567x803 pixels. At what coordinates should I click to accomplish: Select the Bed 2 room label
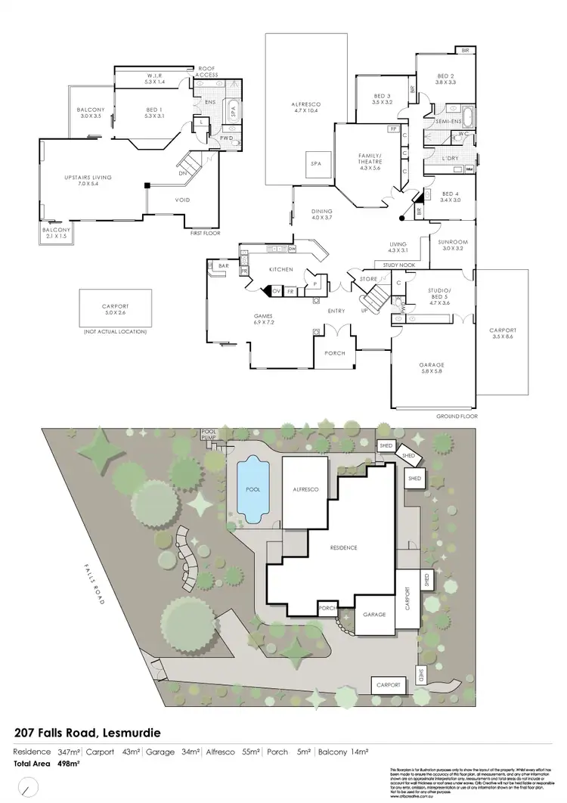(445, 79)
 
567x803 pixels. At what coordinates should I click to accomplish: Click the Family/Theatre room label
(370, 160)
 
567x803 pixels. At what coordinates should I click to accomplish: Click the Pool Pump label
(208, 435)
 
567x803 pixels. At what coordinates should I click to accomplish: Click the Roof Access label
(208, 72)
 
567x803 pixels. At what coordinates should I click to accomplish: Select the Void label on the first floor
(182, 200)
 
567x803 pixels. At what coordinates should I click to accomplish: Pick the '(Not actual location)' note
(115, 332)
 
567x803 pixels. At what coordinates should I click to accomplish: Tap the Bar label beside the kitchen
(223, 265)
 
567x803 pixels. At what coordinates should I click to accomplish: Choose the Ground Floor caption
(457, 417)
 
